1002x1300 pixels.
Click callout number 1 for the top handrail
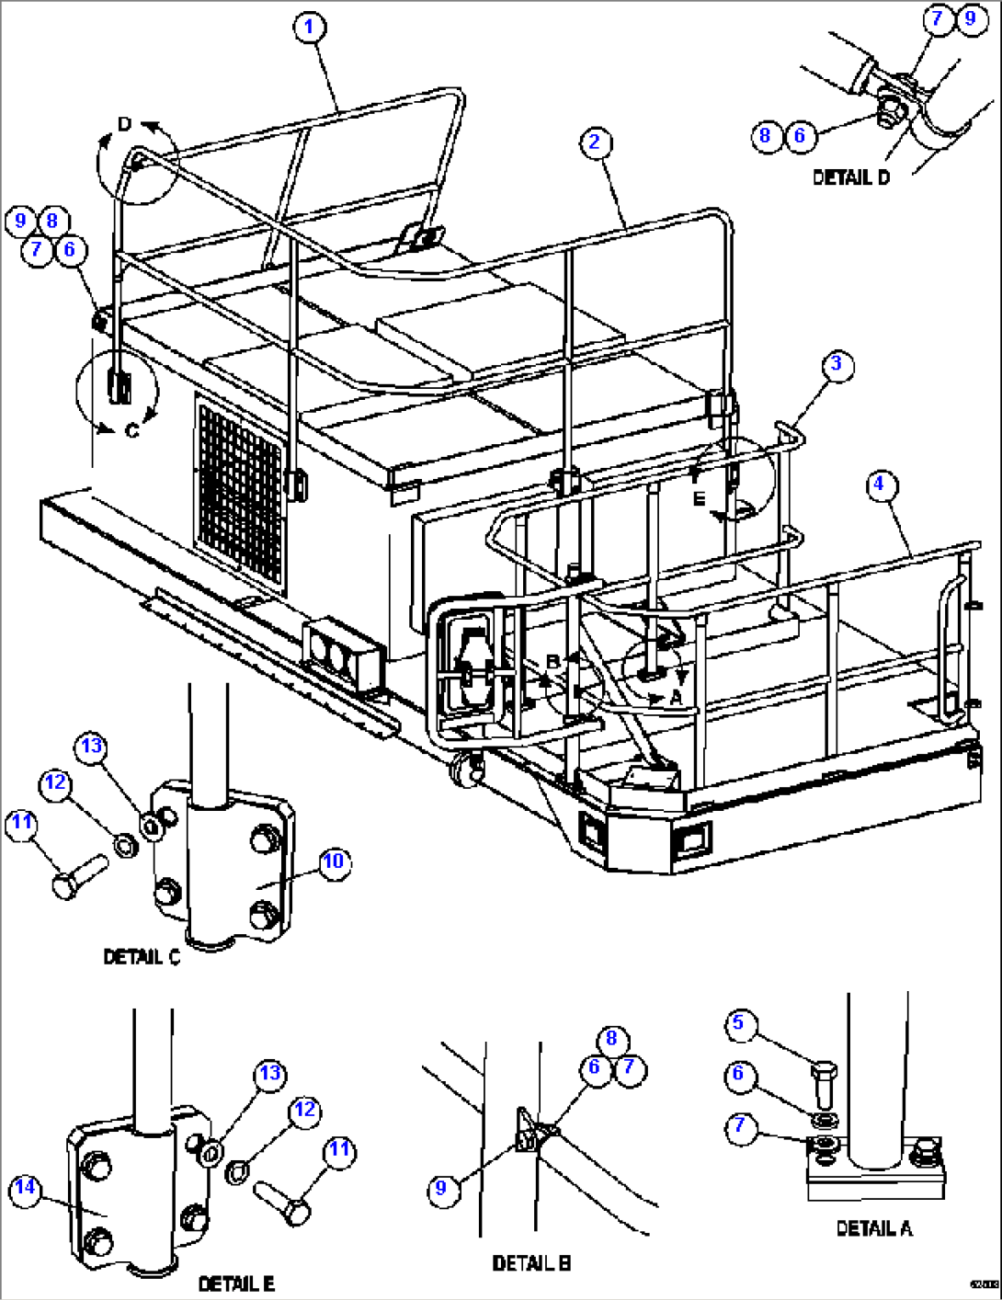(x=309, y=27)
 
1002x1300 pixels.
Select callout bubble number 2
(x=595, y=142)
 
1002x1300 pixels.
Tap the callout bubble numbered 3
(x=836, y=365)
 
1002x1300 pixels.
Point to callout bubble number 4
(x=880, y=484)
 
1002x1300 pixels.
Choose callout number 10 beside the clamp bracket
(x=334, y=861)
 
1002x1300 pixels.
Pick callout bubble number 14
(x=26, y=1188)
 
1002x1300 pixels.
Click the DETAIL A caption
(x=873, y=1228)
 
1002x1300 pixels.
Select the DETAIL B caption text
(x=531, y=1264)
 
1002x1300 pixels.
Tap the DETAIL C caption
(x=142, y=958)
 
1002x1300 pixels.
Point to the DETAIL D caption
(x=851, y=177)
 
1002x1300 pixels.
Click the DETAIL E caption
(x=236, y=1283)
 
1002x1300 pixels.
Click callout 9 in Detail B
(x=442, y=1188)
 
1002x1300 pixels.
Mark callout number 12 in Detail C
(x=56, y=782)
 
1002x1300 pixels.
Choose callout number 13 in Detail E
(x=269, y=1074)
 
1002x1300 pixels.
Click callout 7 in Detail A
(x=741, y=1127)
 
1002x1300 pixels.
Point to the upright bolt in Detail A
(x=824, y=1084)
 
